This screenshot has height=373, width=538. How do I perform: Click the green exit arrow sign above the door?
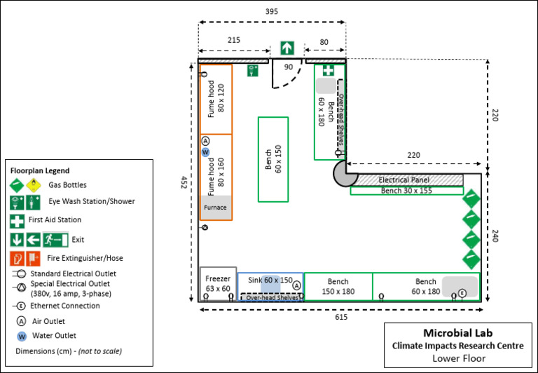click(287, 48)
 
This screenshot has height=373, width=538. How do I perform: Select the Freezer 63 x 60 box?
click(218, 284)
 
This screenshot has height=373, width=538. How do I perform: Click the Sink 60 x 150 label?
click(269, 280)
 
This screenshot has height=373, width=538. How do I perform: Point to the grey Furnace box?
click(215, 208)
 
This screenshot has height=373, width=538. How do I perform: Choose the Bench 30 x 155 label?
click(406, 191)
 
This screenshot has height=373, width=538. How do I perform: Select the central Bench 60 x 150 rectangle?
click(273, 159)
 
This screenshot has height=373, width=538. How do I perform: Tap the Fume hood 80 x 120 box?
click(216, 98)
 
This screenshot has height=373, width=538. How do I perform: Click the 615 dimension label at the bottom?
click(340, 317)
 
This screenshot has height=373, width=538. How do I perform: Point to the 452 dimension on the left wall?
click(184, 182)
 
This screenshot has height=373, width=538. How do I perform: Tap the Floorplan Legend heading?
click(40, 170)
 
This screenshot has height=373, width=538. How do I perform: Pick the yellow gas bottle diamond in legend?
click(33, 185)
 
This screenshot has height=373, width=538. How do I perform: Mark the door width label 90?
click(288, 67)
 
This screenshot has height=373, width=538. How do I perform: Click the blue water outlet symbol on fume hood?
click(205, 151)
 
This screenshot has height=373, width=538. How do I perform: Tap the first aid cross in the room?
click(328, 70)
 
